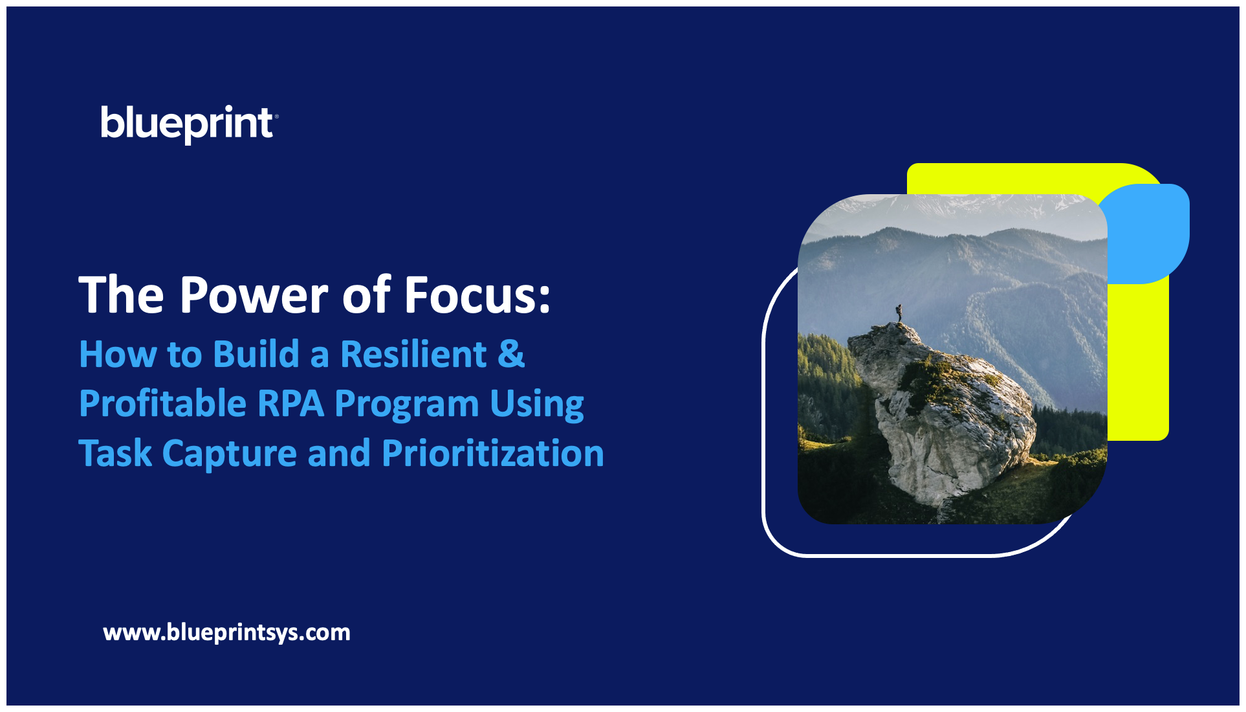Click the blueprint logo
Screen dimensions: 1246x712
tap(189, 124)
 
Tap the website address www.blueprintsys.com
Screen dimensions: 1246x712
tap(226, 632)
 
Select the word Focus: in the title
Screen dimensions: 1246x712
tap(477, 295)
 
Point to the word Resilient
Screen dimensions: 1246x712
tap(413, 354)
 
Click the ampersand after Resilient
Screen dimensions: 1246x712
tap(511, 354)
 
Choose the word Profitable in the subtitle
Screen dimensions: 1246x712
tap(162, 403)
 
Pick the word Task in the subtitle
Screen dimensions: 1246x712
tap(115, 453)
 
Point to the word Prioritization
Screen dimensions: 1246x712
tap(493, 453)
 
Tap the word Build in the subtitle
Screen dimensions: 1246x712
tap(256, 354)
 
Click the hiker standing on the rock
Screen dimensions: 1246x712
tap(899, 313)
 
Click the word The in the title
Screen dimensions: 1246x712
tap(122, 295)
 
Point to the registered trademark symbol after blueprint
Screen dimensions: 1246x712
tap(276, 117)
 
